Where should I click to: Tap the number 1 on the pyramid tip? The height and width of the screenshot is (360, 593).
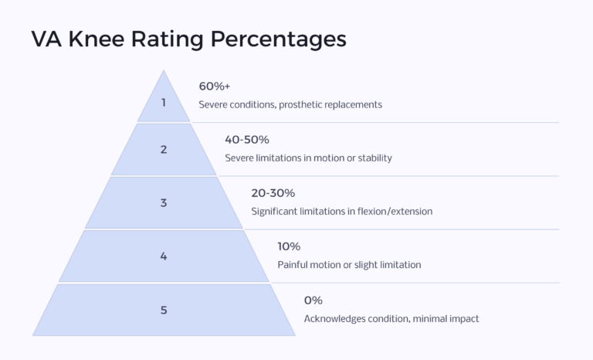[x=164, y=101]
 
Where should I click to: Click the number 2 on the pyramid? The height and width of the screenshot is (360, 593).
[x=164, y=150]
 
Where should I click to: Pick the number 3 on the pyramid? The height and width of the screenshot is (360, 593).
[x=164, y=203]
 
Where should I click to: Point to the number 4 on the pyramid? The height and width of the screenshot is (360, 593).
[x=164, y=256]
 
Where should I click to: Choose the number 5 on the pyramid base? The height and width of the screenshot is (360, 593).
[x=164, y=310]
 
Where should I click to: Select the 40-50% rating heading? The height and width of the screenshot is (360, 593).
[x=247, y=140]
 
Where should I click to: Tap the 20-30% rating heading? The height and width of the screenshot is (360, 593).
[x=273, y=193]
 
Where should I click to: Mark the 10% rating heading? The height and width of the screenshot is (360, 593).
[x=289, y=246]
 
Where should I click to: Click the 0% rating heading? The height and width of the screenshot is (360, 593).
[x=313, y=300]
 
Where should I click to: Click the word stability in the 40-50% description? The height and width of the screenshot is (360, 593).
[x=373, y=158]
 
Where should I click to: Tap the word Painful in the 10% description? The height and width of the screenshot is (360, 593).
[x=294, y=264]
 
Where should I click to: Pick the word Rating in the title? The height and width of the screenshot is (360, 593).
[x=170, y=39]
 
